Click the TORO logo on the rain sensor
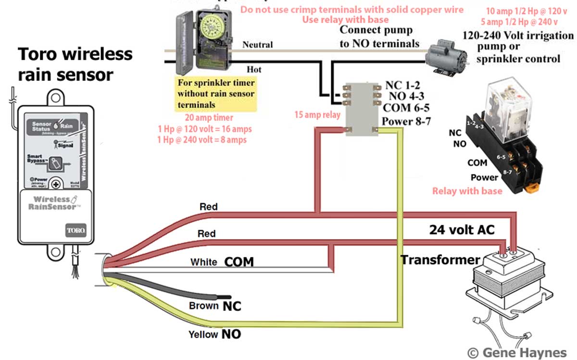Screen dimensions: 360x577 pyautogui.click(x=75, y=231)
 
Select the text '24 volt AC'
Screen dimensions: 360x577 pyautogui.click(x=462, y=229)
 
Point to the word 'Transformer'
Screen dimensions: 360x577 pyautogui.click(x=440, y=260)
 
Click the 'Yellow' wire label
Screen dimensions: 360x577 pyautogui.click(x=203, y=335)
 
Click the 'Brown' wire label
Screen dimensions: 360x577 pyautogui.click(x=203, y=306)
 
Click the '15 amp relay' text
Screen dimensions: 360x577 pyautogui.click(x=317, y=115)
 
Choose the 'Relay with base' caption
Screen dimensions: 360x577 pyautogui.click(x=467, y=191)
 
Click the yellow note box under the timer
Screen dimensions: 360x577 pyautogui.click(x=216, y=94)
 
